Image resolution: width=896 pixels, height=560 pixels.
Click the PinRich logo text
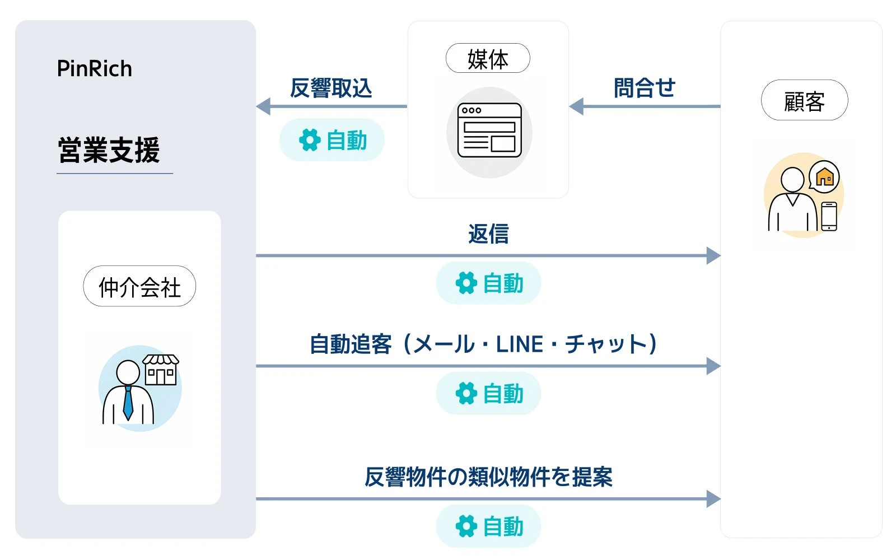[95, 68]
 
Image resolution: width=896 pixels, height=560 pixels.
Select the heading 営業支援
[109, 150]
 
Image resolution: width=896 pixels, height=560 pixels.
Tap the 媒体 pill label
[488, 58]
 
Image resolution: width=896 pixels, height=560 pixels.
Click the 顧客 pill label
[804, 100]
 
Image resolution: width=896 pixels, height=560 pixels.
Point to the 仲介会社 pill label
[139, 286]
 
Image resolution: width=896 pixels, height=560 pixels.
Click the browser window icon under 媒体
[489, 130]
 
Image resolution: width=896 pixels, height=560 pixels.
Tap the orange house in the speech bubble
[824, 177]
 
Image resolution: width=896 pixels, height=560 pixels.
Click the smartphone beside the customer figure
[829, 216]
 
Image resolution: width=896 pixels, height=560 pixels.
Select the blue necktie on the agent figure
[128, 403]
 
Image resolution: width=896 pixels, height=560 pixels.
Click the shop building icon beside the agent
[161, 370]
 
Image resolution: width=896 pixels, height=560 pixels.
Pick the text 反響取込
[331, 88]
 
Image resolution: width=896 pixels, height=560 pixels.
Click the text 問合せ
[645, 88]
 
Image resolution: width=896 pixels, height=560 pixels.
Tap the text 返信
[488, 234]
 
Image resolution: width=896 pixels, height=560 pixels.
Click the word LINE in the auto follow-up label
[520, 344]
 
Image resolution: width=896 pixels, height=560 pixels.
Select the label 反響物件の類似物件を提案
[488, 477]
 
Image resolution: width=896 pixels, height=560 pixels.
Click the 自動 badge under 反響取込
[332, 140]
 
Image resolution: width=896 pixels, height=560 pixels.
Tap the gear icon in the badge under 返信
[466, 283]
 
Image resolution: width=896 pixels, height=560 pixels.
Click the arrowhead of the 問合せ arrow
[576, 106]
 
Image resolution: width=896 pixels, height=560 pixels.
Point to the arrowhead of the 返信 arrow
[713, 255]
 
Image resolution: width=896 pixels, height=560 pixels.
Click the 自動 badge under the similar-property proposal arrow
[488, 526]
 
